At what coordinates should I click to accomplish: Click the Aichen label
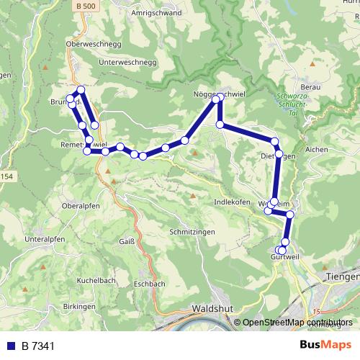tap(316, 149)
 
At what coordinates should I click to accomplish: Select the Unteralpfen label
tap(45, 238)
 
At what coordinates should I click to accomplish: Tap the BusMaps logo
tap(325, 346)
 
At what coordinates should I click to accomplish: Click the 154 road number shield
tap(6, 177)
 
